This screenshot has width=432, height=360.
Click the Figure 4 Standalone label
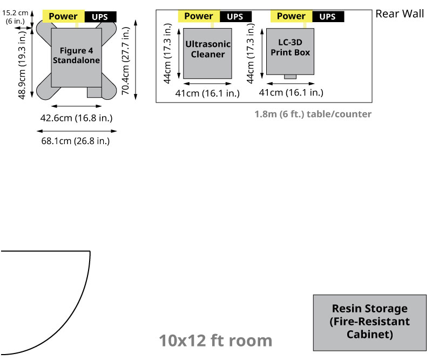[x=76, y=56]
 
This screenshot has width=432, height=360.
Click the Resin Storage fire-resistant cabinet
[x=369, y=323]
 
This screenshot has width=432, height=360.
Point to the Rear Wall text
[x=400, y=13]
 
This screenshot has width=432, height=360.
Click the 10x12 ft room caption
[x=215, y=341]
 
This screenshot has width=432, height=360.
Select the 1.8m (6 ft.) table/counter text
[x=313, y=114]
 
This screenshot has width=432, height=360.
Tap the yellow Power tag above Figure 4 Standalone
[x=63, y=16]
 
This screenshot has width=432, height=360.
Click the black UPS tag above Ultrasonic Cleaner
[x=235, y=17]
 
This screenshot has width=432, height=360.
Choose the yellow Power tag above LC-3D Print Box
[x=291, y=16]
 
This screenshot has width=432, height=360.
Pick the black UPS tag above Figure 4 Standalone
[x=100, y=17]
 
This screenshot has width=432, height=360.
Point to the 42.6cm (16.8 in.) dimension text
[x=76, y=118]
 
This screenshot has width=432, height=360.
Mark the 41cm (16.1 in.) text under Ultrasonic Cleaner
[x=208, y=93]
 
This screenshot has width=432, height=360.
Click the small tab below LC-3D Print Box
[x=291, y=77]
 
